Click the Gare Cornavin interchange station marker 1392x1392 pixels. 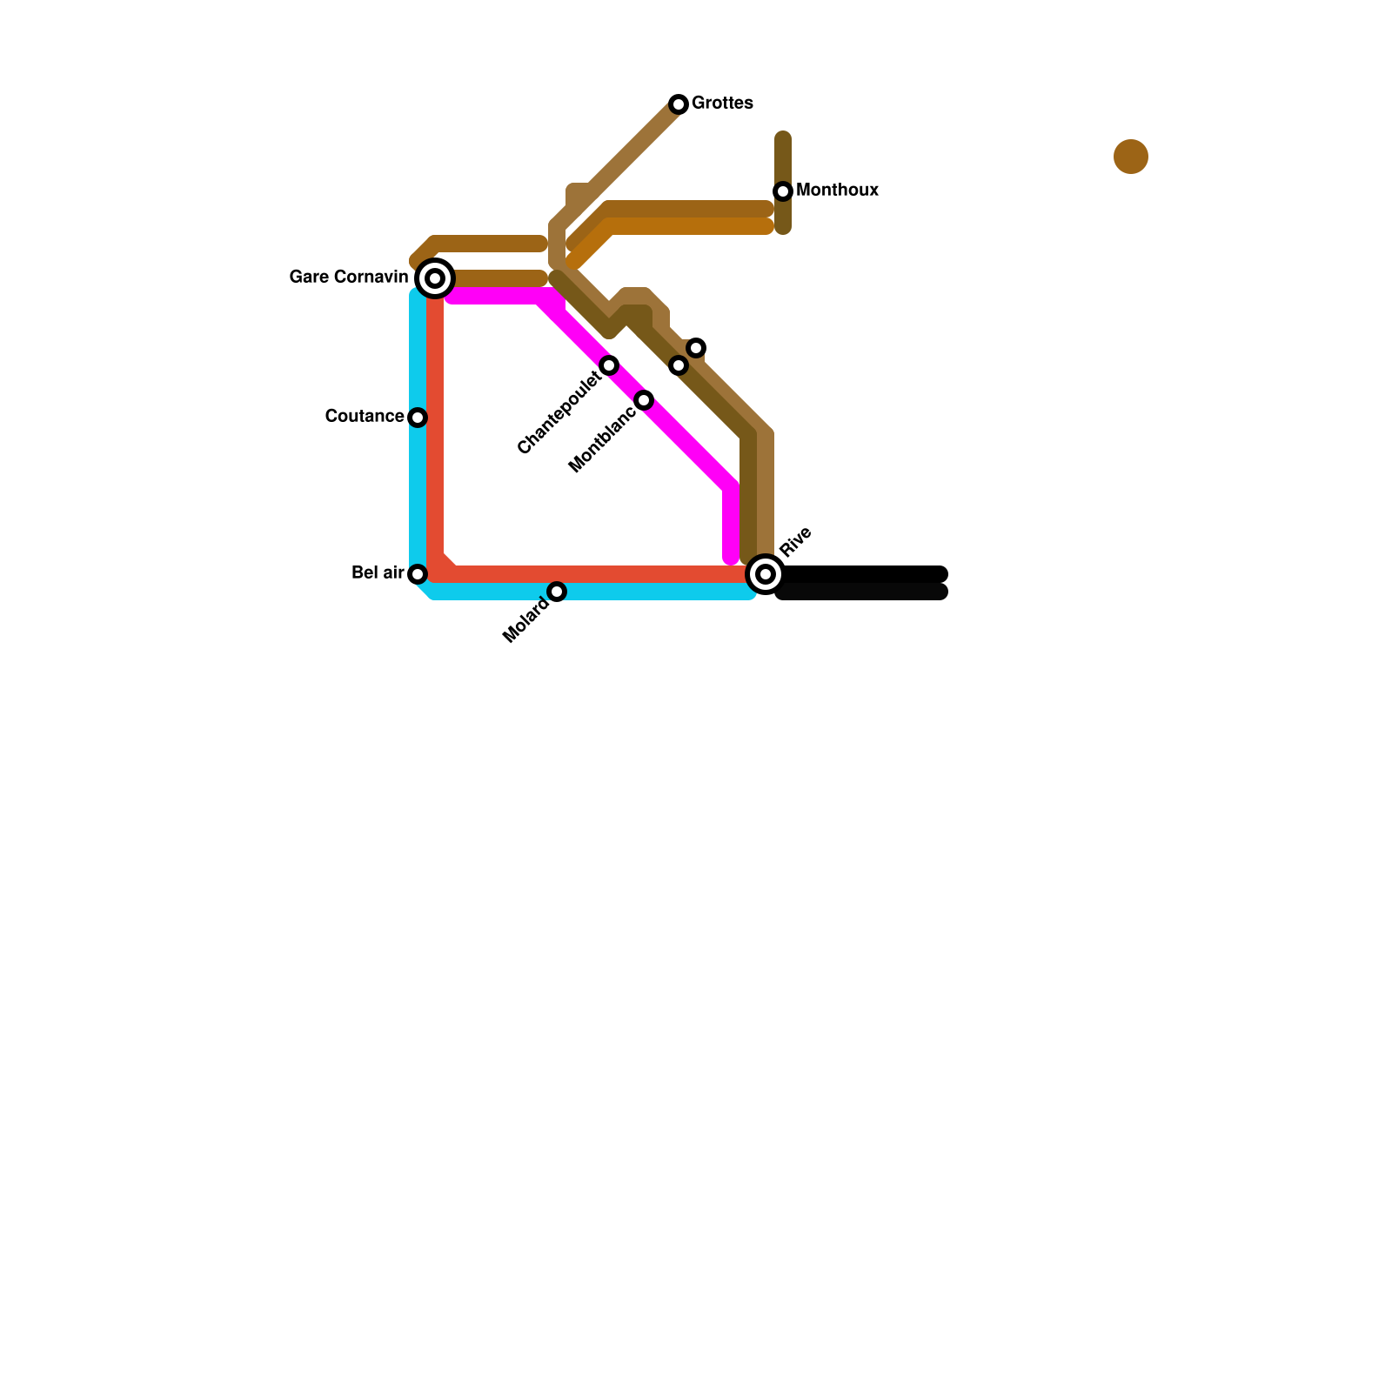[435, 278]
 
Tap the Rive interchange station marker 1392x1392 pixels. [766, 574]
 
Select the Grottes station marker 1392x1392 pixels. [679, 104]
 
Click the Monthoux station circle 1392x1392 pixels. [783, 191]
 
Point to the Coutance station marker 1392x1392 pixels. [418, 418]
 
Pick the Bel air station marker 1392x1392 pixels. [418, 574]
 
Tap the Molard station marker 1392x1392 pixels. [557, 592]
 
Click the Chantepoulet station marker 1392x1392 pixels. [609, 365]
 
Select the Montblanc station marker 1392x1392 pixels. [644, 400]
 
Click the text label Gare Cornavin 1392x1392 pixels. [348, 278]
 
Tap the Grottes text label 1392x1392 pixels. [722, 104]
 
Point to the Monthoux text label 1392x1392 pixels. [837, 191]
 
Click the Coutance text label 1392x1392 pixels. [364, 417]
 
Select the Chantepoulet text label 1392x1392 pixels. [559, 413]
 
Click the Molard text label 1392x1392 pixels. [526, 621]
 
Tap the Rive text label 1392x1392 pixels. [795, 541]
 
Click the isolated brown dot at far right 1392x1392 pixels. [1131, 157]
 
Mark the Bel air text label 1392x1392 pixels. [378, 573]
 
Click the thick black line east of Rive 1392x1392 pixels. [861, 583]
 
